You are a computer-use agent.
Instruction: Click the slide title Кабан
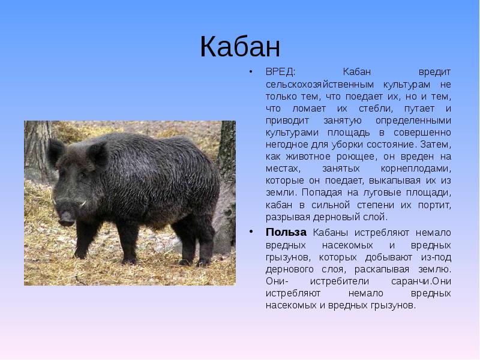[240, 47]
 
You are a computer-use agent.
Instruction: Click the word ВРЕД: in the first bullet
[280, 72]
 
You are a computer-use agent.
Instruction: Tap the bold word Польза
[286, 232]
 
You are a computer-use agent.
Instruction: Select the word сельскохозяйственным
[320, 85]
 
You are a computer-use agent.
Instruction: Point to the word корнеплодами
[416, 169]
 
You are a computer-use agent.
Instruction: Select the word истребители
[340, 281]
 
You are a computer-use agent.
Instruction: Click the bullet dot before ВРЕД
[251, 72]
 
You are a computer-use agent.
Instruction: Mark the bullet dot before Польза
[251, 232]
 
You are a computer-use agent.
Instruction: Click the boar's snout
[66, 217]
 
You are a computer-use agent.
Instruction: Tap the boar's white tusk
[83, 203]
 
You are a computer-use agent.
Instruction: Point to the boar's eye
[81, 176]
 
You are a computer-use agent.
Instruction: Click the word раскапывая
[382, 269]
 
